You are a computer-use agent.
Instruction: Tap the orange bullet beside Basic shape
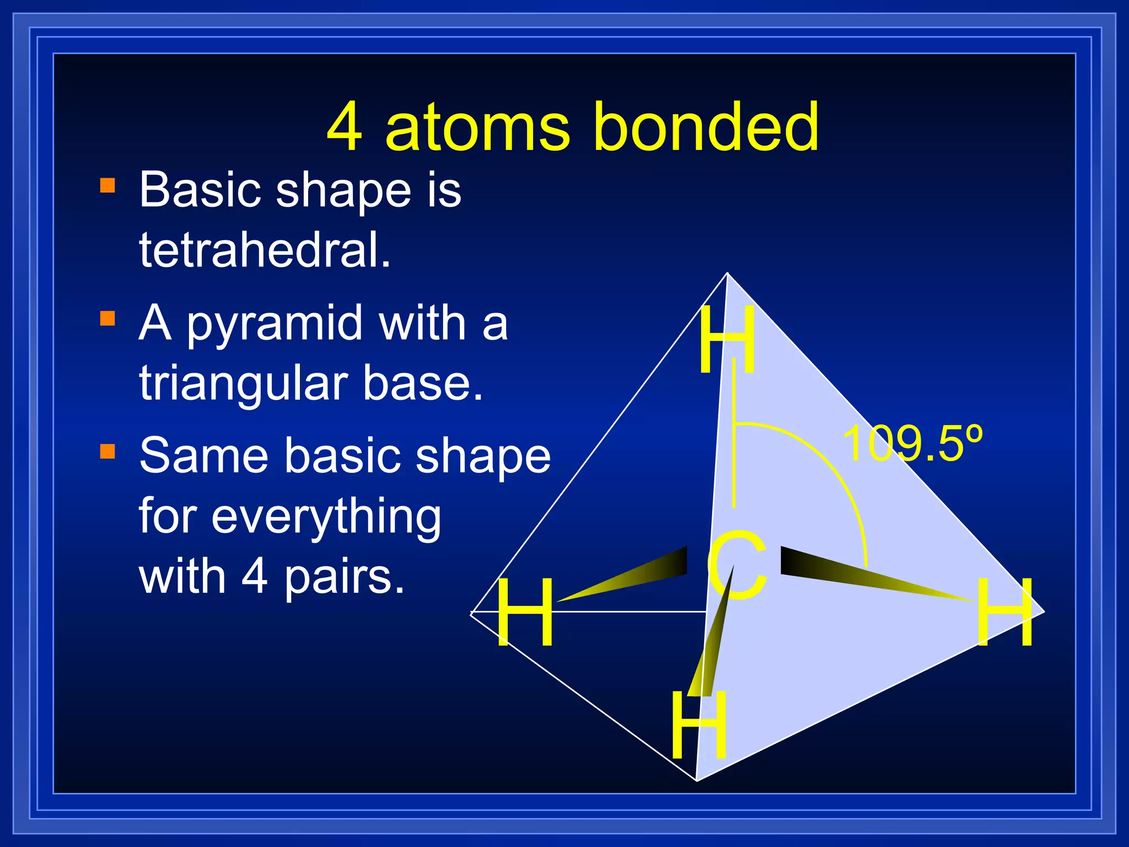pos(107,185)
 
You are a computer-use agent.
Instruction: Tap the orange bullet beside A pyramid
pos(107,319)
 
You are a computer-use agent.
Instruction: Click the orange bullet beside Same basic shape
pos(107,451)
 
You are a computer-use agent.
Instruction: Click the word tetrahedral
pos(265,250)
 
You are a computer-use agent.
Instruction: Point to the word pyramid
pos(276,325)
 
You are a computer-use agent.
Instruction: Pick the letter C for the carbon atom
pos(737,565)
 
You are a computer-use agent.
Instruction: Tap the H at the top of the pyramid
pos(727,340)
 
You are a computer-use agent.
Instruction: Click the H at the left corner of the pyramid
pos(524,612)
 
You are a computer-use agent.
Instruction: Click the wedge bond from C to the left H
pos(634,577)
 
